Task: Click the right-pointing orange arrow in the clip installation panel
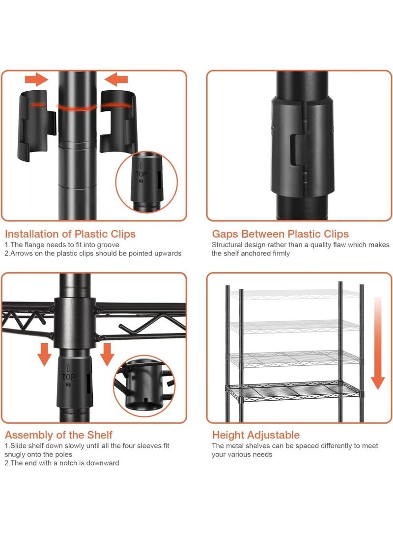coord(36,79)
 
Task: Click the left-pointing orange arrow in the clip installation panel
coord(116,79)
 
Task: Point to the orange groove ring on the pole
coord(77,107)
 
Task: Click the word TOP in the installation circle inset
coord(141,174)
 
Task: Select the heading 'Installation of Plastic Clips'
coord(70,234)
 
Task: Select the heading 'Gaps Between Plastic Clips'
coord(280,234)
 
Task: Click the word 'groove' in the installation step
coord(108,245)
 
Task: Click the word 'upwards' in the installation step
coord(169,254)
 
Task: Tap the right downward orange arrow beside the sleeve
coord(107,355)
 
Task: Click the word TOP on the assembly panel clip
coord(68,377)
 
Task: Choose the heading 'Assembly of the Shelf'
coord(58,435)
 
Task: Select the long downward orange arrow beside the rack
coord(378,343)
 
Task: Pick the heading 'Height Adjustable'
coord(255,435)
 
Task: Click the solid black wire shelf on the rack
coord(294,390)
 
